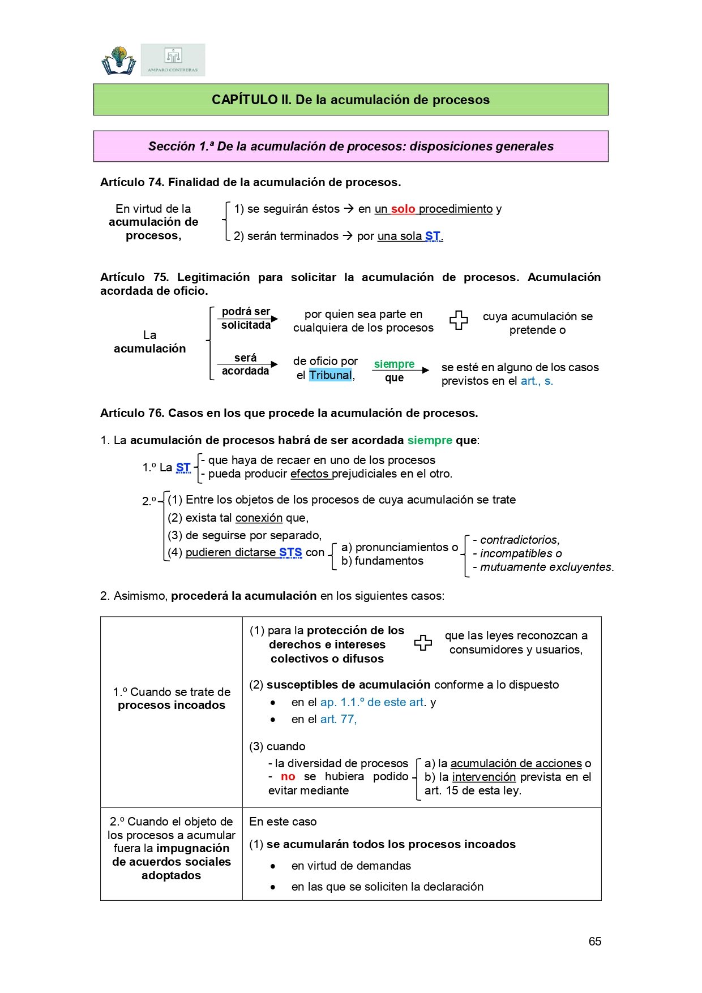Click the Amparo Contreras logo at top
(x=173, y=60)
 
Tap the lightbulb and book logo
(x=119, y=61)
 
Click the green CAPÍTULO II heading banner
(x=350, y=100)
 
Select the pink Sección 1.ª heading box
(x=350, y=146)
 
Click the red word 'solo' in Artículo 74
(x=403, y=209)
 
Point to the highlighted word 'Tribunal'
(x=330, y=375)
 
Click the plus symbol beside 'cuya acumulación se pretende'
(x=459, y=321)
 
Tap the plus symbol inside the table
(x=423, y=643)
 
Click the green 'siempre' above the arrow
(x=394, y=364)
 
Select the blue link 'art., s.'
(x=537, y=381)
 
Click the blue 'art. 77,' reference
(x=339, y=719)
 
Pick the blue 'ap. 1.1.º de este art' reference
(x=373, y=702)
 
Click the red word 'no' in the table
(x=288, y=776)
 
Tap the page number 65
(x=594, y=942)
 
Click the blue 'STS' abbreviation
(x=290, y=552)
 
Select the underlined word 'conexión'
(x=259, y=518)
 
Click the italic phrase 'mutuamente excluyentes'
(x=547, y=567)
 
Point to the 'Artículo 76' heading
(x=289, y=413)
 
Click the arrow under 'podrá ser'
(x=248, y=319)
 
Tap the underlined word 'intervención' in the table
(x=484, y=777)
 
